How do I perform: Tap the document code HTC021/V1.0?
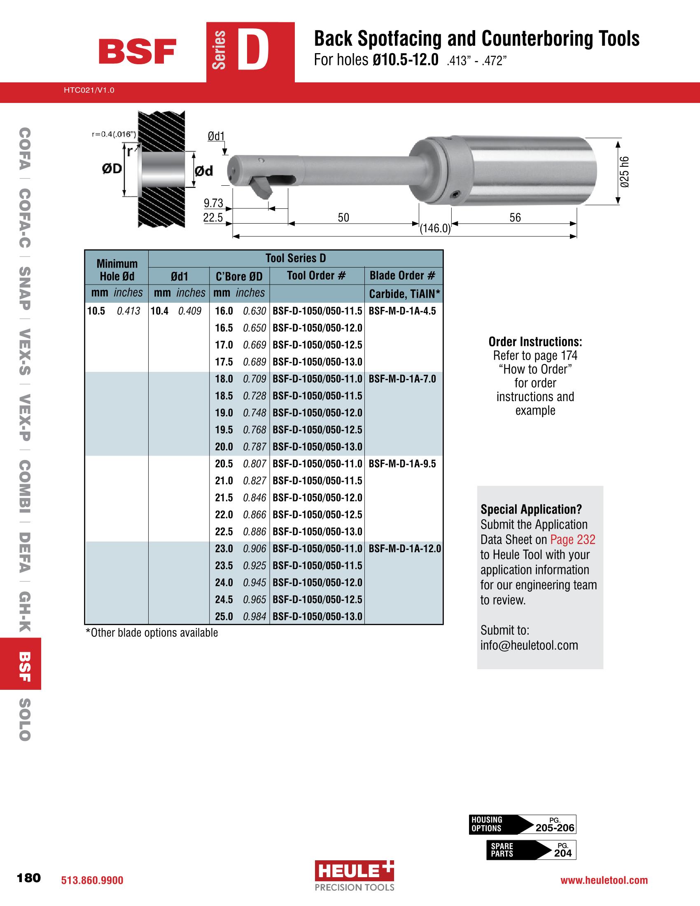[89, 90]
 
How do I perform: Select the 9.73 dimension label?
[213, 203]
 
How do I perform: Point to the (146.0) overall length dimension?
[434, 229]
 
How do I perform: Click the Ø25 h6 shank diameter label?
[625, 172]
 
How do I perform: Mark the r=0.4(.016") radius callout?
[114, 134]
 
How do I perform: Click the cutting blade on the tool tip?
[261, 187]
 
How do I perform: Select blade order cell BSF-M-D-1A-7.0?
[402, 379]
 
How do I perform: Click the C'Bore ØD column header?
[239, 276]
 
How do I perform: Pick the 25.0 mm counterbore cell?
[224, 616]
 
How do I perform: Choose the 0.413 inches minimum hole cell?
[128, 311]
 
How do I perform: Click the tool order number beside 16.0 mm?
[317, 311]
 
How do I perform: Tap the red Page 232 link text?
[573, 539]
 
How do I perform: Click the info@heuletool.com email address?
[529, 645]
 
